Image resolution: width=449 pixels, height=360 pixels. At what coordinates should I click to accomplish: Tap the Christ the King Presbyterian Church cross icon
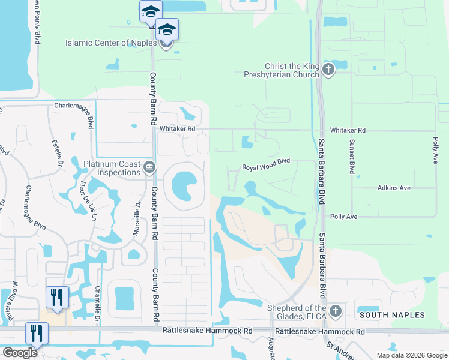click(x=328, y=70)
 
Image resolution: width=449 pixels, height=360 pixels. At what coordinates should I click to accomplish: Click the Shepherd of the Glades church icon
click(x=336, y=311)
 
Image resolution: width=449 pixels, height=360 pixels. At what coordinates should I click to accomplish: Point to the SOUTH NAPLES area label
click(x=392, y=315)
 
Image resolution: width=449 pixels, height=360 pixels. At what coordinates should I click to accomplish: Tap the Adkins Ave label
click(x=394, y=188)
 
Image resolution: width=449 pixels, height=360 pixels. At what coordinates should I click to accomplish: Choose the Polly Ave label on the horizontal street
click(x=343, y=216)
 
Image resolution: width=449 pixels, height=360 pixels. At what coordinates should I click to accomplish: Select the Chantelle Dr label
click(x=97, y=301)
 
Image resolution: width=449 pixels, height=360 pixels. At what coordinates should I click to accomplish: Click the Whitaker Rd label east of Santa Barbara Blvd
click(x=348, y=130)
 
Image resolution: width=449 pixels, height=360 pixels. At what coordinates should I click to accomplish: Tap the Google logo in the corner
click(x=19, y=353)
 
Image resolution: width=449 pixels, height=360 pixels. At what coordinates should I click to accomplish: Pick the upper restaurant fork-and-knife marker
click(x=57, y=297)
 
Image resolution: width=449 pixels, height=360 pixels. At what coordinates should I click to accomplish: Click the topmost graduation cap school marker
click(x=151, y=11)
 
